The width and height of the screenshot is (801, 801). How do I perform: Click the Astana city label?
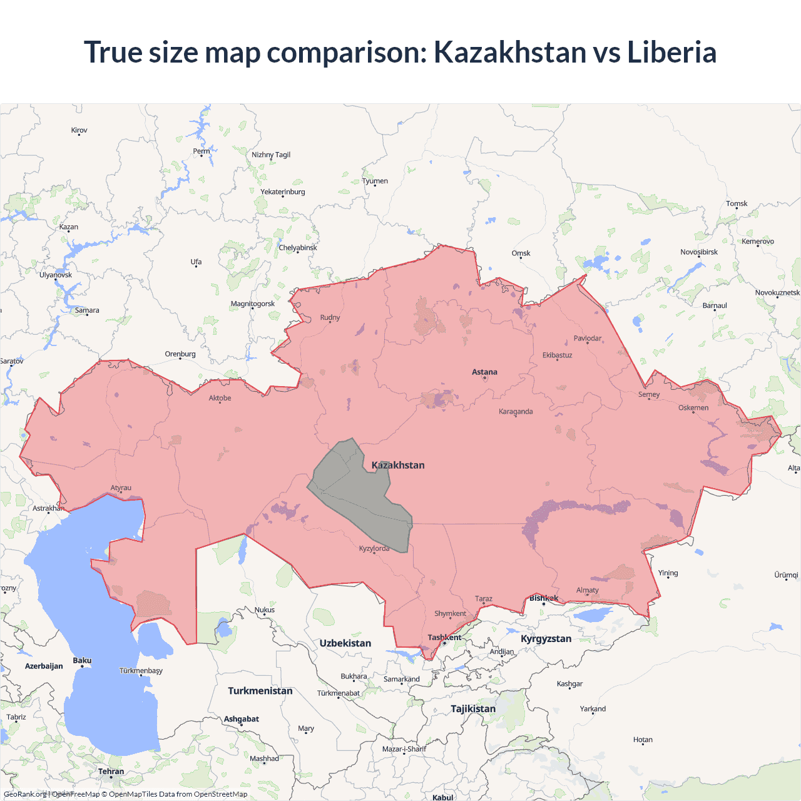(484, 372)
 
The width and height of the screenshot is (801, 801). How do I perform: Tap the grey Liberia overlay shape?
(357, 488)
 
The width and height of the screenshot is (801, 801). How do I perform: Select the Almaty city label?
(587, 590)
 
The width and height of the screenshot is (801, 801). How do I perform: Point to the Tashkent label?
(444, 638)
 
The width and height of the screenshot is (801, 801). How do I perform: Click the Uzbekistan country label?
(345, 643)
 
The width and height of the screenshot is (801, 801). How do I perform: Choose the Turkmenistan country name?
(260, 691)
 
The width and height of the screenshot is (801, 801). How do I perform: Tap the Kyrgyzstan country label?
(546, 639)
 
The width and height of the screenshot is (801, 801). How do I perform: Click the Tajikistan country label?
(473, 709)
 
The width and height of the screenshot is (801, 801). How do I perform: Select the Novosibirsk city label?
(699, 252)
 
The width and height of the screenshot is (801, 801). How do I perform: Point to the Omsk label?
(521, 253)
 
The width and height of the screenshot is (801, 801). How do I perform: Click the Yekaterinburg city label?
(283, 192)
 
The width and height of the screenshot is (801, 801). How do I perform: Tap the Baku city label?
(82, 661)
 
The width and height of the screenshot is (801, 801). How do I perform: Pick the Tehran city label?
(111, 772)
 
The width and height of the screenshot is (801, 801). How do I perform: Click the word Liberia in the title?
(671, 52)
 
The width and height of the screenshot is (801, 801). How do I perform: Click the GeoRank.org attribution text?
(25, 794)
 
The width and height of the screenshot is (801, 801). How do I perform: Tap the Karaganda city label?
(516, 412)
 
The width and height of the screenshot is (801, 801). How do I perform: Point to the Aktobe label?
(220, 398)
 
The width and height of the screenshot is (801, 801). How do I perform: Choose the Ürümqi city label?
(786, 575)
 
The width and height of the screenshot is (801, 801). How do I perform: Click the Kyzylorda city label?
(374, 549)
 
